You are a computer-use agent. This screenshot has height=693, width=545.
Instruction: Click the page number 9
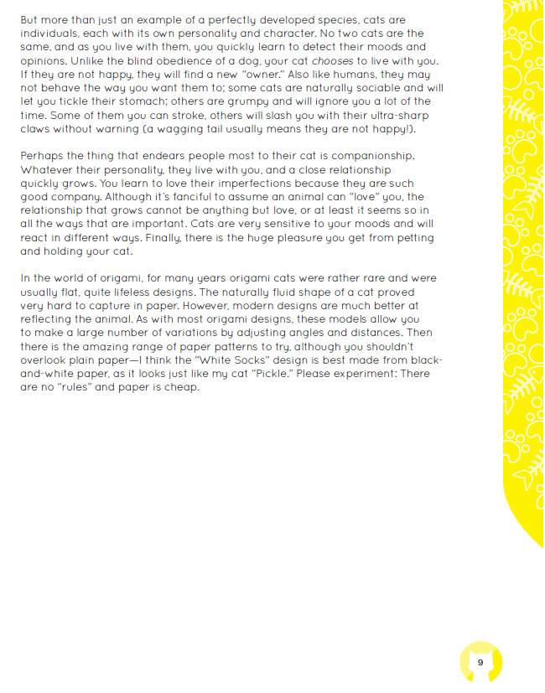[x=480, y=662]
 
